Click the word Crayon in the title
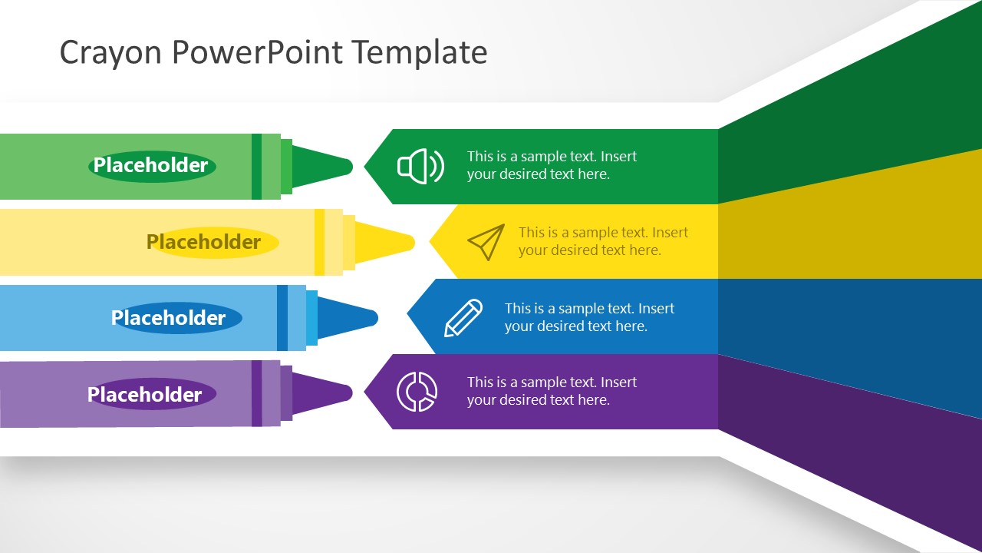[111, 53]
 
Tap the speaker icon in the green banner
[420, 167]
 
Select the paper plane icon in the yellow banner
[486, 242]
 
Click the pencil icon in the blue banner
[463, 317]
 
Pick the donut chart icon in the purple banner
[417, 391]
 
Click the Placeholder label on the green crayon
[151, 165]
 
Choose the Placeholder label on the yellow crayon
[204, 242]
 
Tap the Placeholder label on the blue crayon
[169, 318]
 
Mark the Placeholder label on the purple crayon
[144, 395]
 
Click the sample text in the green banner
[552, 165]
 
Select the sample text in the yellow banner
[603, 241]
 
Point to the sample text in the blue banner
[589, 317]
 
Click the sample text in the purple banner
[552, 391]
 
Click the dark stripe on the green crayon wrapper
[256, 167]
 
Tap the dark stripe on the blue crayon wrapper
[282, 318]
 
